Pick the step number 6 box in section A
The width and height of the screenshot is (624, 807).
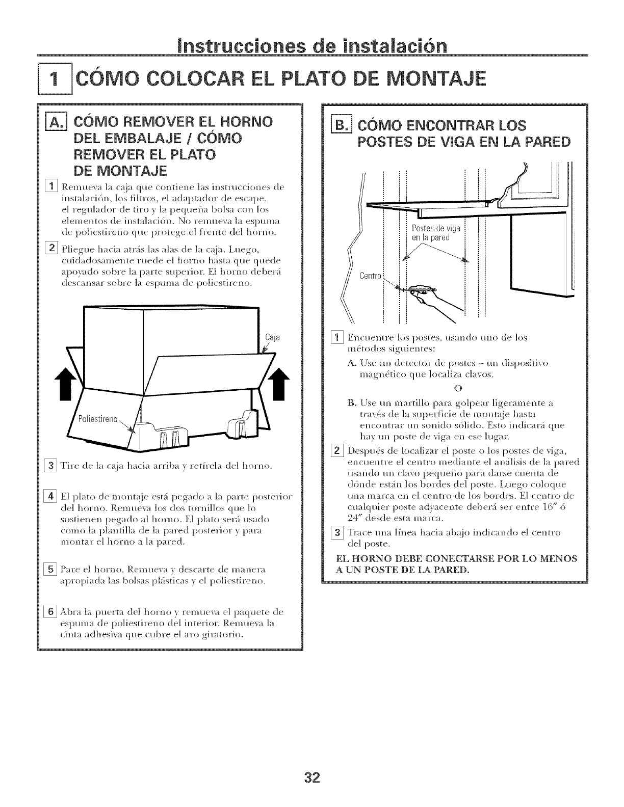pos(50,612)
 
